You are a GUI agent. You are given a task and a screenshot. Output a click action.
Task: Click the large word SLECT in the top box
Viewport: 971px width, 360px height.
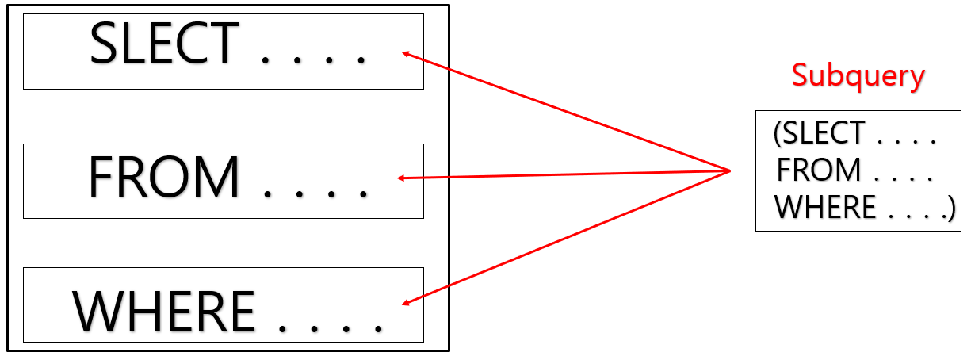point(164,44)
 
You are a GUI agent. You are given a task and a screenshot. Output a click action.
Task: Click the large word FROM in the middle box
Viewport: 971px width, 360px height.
point(163,178)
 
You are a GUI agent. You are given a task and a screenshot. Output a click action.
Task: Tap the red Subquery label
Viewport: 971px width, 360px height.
point(858,76)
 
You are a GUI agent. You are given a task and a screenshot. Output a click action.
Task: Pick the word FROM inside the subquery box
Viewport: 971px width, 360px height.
point(819,171)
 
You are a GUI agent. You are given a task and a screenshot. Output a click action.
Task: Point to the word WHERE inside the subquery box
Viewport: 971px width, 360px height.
point(825,208)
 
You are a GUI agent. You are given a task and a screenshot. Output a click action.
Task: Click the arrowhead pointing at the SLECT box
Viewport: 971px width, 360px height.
point(407,55)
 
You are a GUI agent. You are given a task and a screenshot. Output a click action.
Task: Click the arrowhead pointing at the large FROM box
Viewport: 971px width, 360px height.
point(402,178)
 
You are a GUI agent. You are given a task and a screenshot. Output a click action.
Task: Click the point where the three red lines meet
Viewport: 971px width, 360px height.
point(730,170)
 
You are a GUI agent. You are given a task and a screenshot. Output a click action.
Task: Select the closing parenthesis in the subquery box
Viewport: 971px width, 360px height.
point(951,209)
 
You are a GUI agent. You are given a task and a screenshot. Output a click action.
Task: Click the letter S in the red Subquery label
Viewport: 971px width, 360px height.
point(801,75)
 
